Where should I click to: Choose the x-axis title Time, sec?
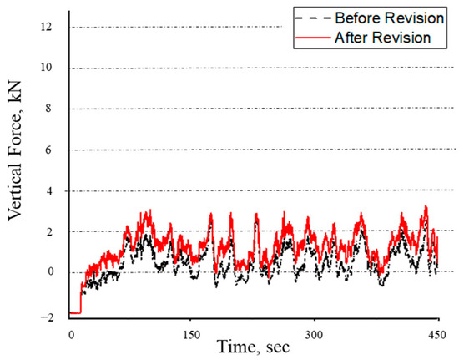[x=254, y=347]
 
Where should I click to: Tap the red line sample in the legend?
[x=310, y=37]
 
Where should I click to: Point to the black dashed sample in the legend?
[x=310, y=18]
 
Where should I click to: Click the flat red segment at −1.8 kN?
[x=74, y=312]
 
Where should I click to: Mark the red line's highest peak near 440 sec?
[x=426, y=206]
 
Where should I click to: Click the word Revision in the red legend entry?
[x=402, y=37]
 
